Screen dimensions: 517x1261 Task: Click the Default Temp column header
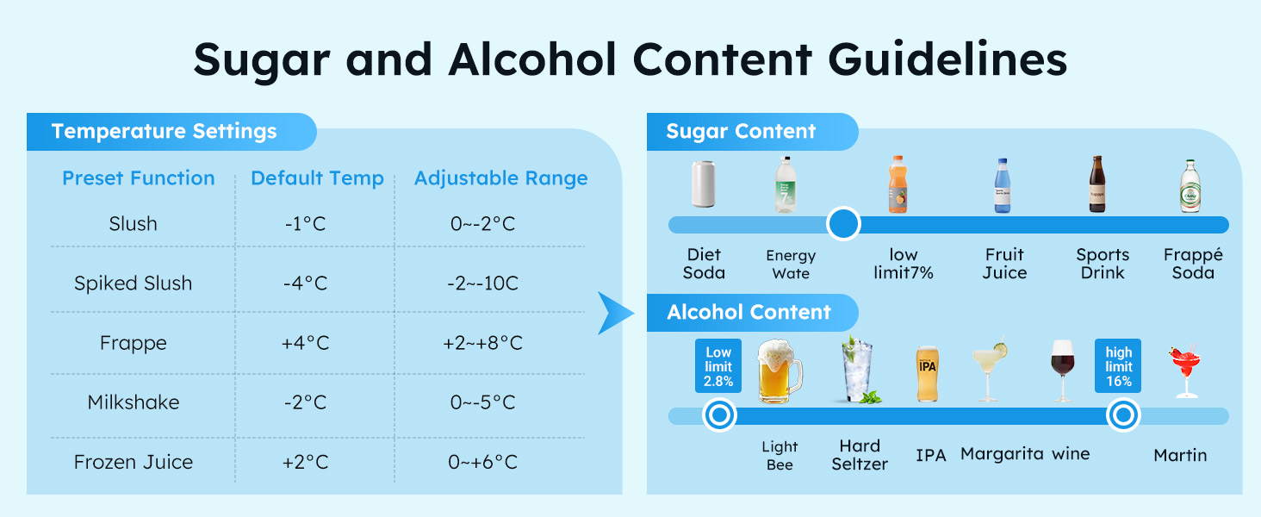(317, 178)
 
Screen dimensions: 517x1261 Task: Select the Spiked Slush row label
(133, 283)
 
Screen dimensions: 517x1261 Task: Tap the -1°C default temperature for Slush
(305, 224)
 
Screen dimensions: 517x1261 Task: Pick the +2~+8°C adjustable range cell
(482, 343)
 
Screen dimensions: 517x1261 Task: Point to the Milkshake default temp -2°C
(305, 402)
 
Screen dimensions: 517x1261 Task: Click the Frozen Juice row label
(133, 462)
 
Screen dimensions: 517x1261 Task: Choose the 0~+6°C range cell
(482, 462)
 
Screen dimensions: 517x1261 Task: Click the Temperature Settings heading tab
(165, 132)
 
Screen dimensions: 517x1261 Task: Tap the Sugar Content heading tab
(741, 132)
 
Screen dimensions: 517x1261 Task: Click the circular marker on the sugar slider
(843, 224)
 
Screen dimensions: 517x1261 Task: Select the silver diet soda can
(704, 184)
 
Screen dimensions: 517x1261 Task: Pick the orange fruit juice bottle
(898, 184)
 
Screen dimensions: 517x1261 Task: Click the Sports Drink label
(1102, 264)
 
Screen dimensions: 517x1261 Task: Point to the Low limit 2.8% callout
(717, 366)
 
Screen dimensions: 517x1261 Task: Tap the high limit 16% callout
(1118, 366)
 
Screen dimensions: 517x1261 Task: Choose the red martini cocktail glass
(1183, 371)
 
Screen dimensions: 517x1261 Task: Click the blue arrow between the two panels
(615, 312)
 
